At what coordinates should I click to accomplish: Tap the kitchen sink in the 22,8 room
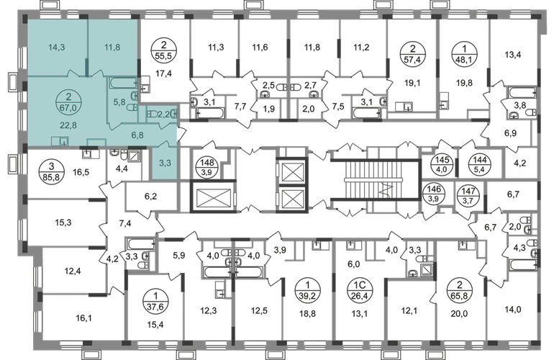coord(63,142)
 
